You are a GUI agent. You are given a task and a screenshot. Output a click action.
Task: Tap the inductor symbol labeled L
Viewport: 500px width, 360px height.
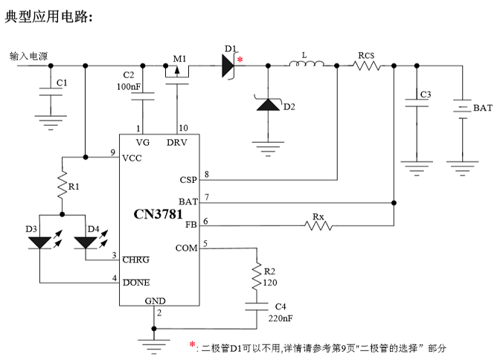(x=305, y=67)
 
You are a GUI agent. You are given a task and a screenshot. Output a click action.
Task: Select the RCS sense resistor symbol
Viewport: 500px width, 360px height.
(x=366, y=66)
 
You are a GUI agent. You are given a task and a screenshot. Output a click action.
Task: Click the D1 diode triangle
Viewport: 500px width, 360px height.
(x=226, y=65)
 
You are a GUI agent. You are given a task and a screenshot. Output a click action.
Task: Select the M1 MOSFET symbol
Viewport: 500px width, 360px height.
(x=178, y=71)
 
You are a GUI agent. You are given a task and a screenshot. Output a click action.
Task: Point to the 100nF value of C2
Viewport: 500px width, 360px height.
(x=129, y=87)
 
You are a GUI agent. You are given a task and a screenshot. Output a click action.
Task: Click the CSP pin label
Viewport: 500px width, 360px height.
(x=188, y=179)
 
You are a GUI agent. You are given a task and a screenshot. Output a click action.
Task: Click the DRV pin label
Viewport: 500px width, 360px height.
(x=177, y=142)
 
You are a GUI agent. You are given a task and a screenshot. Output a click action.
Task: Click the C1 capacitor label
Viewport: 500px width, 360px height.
(x=62, y=82)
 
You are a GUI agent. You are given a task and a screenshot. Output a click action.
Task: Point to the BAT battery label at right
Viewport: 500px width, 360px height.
(x=482, y=108)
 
